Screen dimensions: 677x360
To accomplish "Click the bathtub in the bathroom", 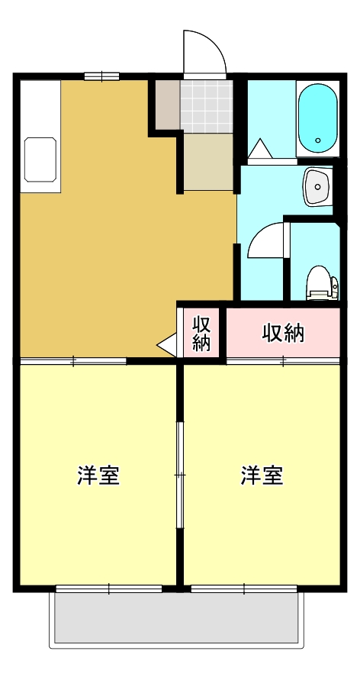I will coord(317,118).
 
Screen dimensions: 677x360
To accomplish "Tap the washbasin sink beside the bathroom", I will coord(317,186).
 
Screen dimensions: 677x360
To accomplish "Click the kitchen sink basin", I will coord(40,160).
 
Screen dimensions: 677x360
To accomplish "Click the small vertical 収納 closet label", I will coord(201,333).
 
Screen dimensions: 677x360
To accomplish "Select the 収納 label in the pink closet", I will coord(283,333).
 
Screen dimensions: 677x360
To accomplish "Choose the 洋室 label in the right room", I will coord(262,475).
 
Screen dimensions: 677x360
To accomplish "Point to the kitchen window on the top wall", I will coord(101,76).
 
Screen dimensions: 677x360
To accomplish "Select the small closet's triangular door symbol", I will coord(167,346).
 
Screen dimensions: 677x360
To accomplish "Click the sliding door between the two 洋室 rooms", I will coord(180,474).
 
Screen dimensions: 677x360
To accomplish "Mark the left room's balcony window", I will coord(109,588).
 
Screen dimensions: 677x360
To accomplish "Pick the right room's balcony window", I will coord(243,588).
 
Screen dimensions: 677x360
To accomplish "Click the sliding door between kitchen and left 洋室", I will coord(73,360).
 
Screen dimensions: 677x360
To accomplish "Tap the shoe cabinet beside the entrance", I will coord(167,105).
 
